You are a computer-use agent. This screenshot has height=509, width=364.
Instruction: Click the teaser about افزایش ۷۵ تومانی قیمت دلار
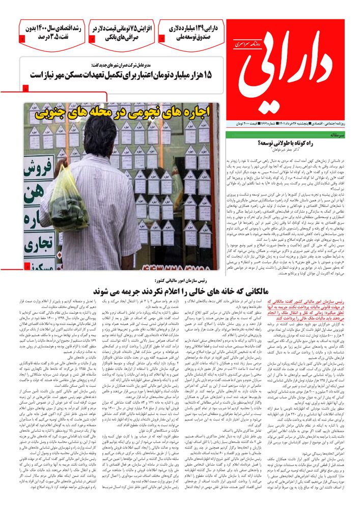point(122,32)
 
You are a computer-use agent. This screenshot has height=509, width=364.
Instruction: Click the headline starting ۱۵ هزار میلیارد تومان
point(127,75)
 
